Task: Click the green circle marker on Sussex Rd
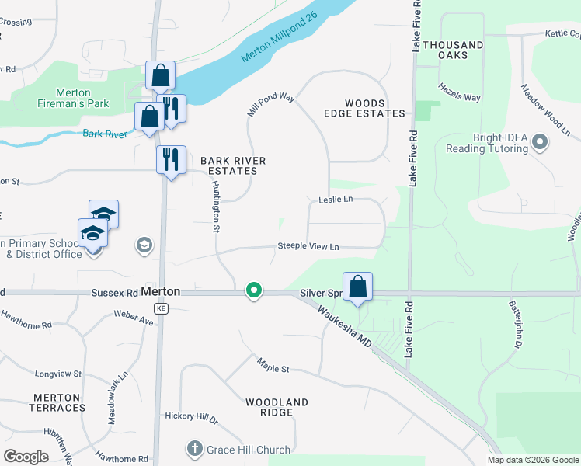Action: click(253, 291)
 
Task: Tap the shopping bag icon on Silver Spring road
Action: click(357, 286)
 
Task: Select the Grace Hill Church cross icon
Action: click(194, 449)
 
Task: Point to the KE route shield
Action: click(161, 308)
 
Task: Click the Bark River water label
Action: click(105, 134)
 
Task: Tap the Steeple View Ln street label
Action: click(309, 247)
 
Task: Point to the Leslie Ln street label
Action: click(336, 200)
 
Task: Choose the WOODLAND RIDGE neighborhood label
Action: click(277, 407)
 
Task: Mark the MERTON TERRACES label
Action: click(57, 402)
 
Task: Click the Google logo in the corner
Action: click(26, 456)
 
